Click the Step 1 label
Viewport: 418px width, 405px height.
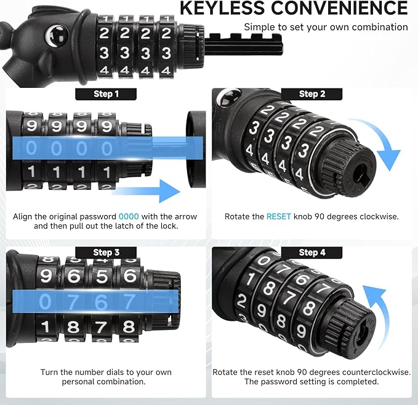point(106,94)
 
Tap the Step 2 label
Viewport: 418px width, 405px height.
point(311,94)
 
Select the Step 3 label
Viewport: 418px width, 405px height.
point(106,253)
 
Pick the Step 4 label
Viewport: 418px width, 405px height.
point(311,253)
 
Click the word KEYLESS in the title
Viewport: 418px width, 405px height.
point(222,8)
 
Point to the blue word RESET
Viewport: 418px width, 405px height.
point(279,216)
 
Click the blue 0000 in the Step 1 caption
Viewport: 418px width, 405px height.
point(129,216)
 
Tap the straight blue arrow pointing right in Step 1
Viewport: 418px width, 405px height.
point(147,191)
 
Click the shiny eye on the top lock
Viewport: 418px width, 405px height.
point(57,36)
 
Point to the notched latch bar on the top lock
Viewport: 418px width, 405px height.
point(243,44)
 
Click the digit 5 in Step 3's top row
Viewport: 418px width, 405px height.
point(102,276)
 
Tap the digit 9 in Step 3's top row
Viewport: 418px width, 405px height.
point(46,275)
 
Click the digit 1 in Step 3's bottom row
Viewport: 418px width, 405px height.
point(46,326)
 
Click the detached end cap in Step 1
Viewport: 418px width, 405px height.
point(196,149)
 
